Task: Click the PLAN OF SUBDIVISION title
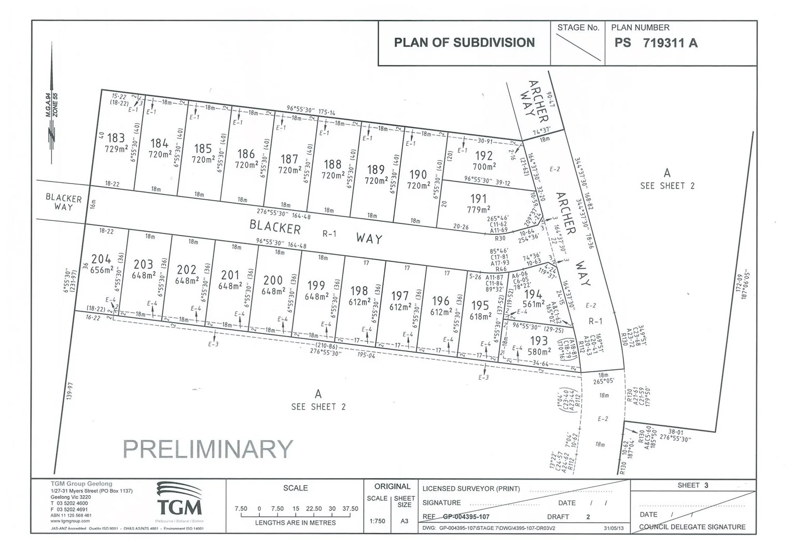(x=464, y=43)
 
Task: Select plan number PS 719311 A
(x=656, y=43)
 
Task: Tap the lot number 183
(x=116, y=138)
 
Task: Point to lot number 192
(x=483, y=156)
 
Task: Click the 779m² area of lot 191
(x=478, y=209)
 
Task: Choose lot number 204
(x=101, y=259)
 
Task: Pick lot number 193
(x=539, y=340)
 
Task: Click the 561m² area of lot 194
(x=534, y=304)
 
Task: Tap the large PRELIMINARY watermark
(x=208, y=449)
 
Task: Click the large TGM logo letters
(x=179, y=506)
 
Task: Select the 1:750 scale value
(x=377, y=521)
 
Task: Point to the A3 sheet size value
(x=405, y=521)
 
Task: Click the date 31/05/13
(x=614, y=528)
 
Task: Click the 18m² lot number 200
(x=273, y=281)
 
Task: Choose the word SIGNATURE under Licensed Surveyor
(x=441, y=502)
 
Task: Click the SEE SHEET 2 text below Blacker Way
(x=318, y=407)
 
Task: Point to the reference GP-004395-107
(x=466, y=516)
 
